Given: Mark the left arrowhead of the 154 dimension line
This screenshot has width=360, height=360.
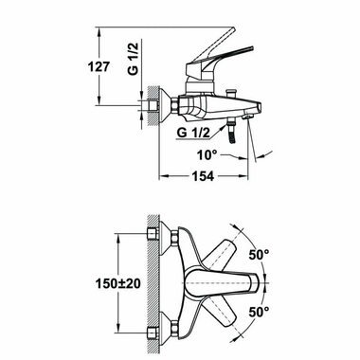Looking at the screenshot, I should [x=161, y=177].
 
